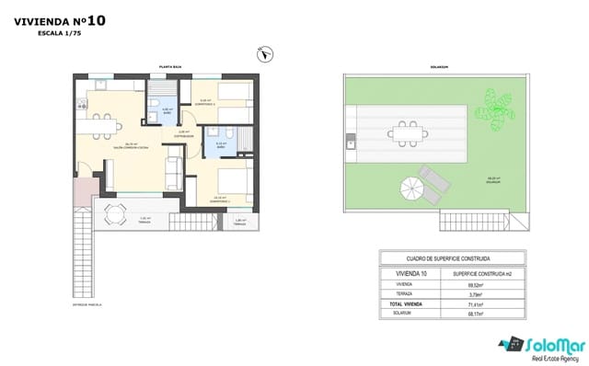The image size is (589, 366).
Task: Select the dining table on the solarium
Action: pos(406,132)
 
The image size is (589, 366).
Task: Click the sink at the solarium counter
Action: pos(351,143)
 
